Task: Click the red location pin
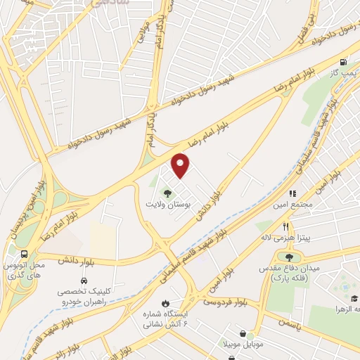point(181,166)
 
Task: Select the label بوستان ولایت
point(168,204)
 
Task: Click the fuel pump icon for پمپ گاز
point(343,61)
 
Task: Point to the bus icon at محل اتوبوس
point(25,254)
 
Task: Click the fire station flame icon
point(165,303)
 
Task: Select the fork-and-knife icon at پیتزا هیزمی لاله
point(286,226)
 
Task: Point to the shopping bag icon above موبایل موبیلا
point(243,333)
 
